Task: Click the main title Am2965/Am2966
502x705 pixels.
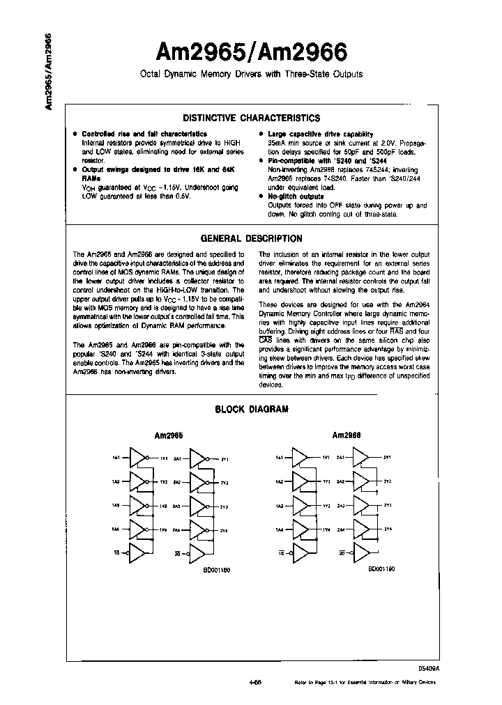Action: tap(250, 52)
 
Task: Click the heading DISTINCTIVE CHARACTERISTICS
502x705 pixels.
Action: tap(251, 118)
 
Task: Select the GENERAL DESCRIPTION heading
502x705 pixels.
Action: tap(251, 238)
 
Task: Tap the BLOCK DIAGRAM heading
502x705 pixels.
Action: tap(251, 410)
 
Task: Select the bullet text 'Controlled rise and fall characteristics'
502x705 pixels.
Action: tap(144, 134)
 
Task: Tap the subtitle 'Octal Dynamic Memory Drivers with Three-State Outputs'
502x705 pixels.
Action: tap(250, 75)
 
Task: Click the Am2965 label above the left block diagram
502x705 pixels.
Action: tap(168, 435)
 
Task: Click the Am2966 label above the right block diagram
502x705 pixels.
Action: tap(346, 435)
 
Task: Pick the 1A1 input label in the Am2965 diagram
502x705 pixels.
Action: tap(115, 458)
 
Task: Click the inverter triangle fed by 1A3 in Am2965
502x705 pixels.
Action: tap(141, 506)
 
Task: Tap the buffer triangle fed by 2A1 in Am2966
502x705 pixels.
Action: tap(361, 458)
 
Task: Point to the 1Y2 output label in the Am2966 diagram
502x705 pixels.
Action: tap(326, 481)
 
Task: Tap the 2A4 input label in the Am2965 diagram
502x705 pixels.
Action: tap(177, 530)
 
